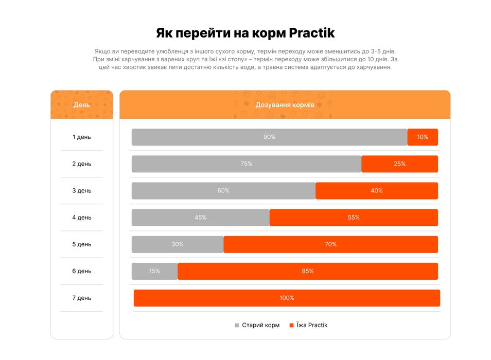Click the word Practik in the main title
[x=311, y=33]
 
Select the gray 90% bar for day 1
[x=269, y=137]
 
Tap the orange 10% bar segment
[x=423, y=137]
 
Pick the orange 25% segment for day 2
[x=399, y=164]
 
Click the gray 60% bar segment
[x=223, y=191]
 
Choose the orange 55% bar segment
[x=354, y=218]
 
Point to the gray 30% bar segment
[x=178, y=244]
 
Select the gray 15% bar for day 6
[x=154, y=271]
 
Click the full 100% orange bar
[x=287, y=298]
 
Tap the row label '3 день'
[x=82, y=191]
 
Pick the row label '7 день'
[x=82, y=298]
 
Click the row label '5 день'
[x=82, y=244]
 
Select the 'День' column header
[x=82, y=105]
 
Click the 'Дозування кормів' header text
[x=285, y=105]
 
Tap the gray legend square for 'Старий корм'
[x=237, y=325]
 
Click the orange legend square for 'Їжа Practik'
[x=291, y=325]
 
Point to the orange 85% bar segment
[x=308, y=271]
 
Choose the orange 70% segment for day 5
[x=330, y=244]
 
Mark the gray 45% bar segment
[x=200, y=218]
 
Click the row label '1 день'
[x=82, y=137]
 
